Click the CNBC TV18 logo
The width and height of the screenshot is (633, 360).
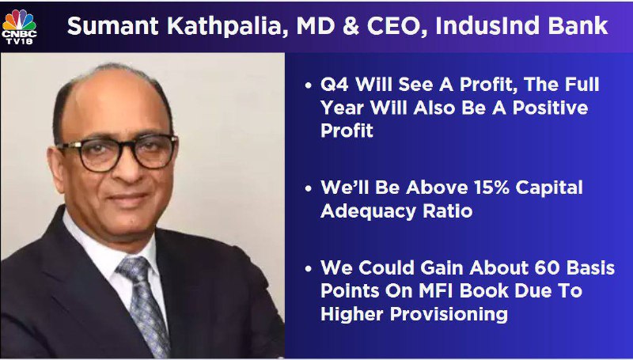(19, 27)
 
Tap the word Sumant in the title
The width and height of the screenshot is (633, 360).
(113, 26)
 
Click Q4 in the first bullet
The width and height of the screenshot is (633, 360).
(334, 85)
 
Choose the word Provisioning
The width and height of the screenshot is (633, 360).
(449, 314)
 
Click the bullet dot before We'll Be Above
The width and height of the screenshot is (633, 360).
(309, 189)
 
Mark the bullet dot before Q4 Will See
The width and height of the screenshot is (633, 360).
(309, 86)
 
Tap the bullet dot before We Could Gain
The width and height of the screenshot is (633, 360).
(309, 269)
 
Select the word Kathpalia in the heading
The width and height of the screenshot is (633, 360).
(228, 26)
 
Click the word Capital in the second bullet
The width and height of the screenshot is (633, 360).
(549, 188)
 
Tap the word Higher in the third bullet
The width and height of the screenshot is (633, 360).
(352, 314)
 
